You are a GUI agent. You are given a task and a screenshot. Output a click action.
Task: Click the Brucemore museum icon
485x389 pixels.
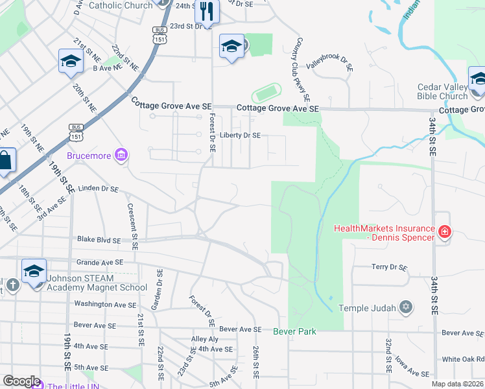pos(121,155)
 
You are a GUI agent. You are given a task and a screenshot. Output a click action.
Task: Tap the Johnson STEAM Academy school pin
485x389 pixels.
pos(34,272)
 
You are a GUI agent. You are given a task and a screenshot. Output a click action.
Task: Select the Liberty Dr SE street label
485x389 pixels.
pos(240,136)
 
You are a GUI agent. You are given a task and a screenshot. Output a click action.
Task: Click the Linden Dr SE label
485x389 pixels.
pos(98,189)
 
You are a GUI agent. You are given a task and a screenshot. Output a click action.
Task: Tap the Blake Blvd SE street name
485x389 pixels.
pos(99,239)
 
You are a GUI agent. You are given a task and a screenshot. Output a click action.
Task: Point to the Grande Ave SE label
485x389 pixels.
pos(99,263)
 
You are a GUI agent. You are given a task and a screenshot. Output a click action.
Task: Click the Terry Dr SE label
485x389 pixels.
pos(389,267)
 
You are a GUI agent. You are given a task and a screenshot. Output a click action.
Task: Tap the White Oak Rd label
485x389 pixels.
pos(463,359)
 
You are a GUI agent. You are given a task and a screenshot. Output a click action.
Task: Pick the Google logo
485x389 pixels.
pos(21,381)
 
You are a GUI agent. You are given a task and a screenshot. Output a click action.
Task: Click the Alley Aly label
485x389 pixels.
pos(205,339)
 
